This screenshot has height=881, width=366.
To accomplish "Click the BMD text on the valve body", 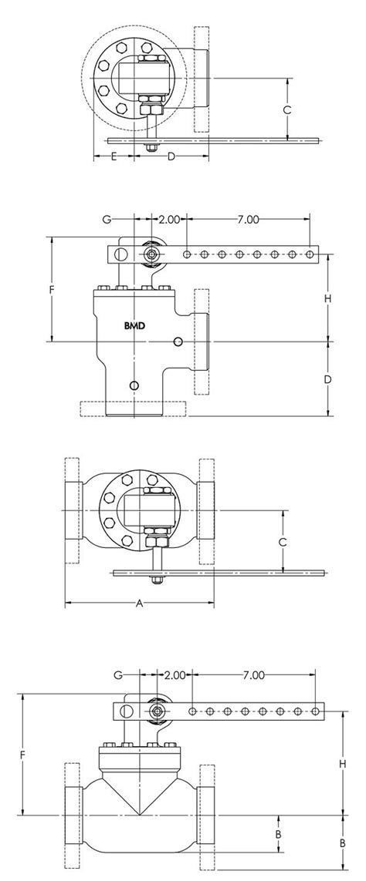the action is pos(134,324).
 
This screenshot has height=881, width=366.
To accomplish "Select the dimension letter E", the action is pos(114,156).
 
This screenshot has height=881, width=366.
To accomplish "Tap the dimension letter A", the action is pos(140,604).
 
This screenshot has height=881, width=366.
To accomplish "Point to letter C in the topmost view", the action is pos(287,110).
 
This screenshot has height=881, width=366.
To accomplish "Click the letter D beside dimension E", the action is pos(171,156).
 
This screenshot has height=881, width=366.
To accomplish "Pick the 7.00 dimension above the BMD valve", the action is pos(248,219).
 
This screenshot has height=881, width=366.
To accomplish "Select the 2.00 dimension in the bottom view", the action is pos(175,674).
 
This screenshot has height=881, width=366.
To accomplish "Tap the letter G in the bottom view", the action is pos(118,674).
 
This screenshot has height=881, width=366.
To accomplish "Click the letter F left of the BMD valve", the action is pos(51,291).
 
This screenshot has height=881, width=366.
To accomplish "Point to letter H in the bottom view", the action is pos(342,764).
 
